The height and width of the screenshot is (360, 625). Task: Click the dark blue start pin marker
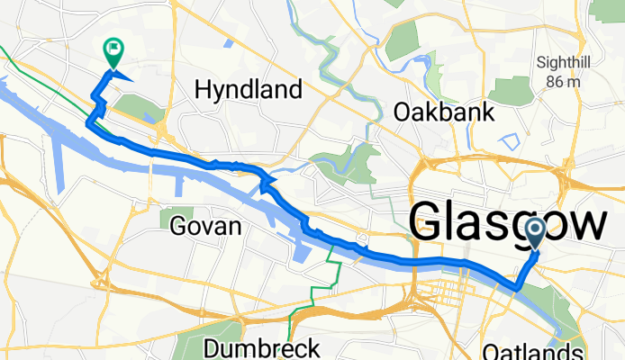pos(535,234)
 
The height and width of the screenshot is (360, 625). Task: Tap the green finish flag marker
pos(114,52)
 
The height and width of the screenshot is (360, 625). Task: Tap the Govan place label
pos(205,227)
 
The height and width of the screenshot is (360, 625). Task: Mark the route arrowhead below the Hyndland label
pos(266,184)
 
